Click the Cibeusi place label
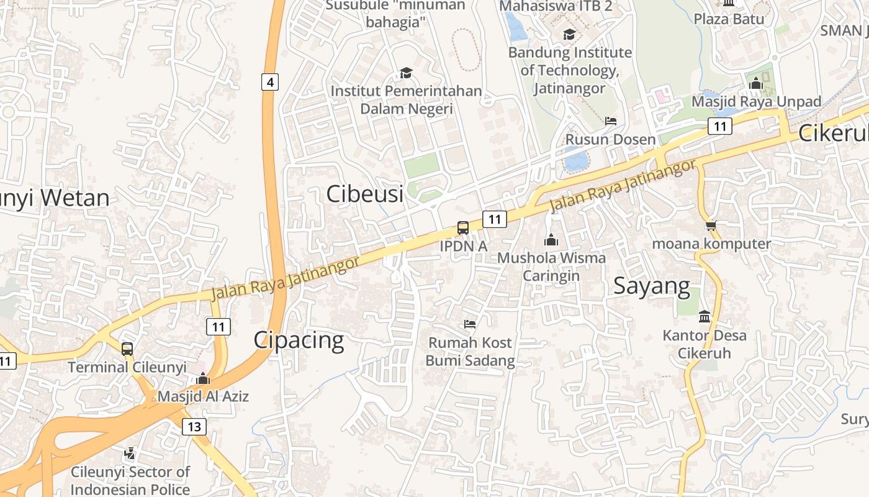click(x=365, y=194)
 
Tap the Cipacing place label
click(x=299, y=340)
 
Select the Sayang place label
click(x=652, y=286)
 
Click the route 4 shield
click(x=269, y=81)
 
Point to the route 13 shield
click(x=194, y=426)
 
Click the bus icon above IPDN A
click(x=463, y=227)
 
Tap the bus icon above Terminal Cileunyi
click(x=127, y=349)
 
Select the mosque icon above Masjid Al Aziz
click(x=203, y=378)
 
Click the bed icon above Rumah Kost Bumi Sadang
click(x=470, y=324)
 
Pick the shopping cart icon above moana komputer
click(x=711, y=226)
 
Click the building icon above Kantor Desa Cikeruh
click(x=705, y=317)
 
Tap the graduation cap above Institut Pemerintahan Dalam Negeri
click(x=406, y=73)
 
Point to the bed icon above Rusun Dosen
click(x=611, y=121)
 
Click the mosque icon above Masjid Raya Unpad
click(x=755, y=83)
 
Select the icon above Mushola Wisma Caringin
click(x=551, y=240)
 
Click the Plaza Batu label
click(x=729, y=19)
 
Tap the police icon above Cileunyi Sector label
click(x=130, y=454)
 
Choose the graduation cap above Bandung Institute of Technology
click(x=569, y=34)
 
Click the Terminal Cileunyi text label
click(x=127, y=367)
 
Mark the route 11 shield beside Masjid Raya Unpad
click(x=720, y=126)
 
